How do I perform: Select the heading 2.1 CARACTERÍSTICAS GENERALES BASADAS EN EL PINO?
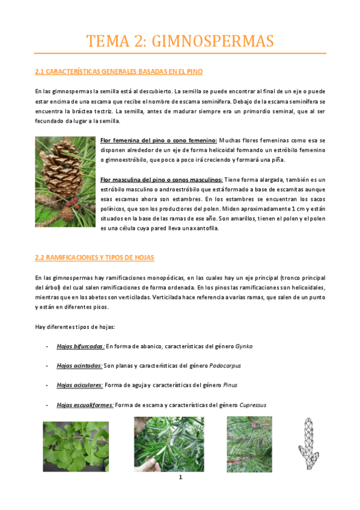pyautogui.click(x=119, y=72)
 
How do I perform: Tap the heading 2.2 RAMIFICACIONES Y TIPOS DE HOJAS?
pyautogui.click(x=94, y=257)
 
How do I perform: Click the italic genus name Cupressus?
pyautogui.click(x=253, y=405)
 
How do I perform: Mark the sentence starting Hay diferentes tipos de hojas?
pyautogui.click(x=75, y=327)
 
